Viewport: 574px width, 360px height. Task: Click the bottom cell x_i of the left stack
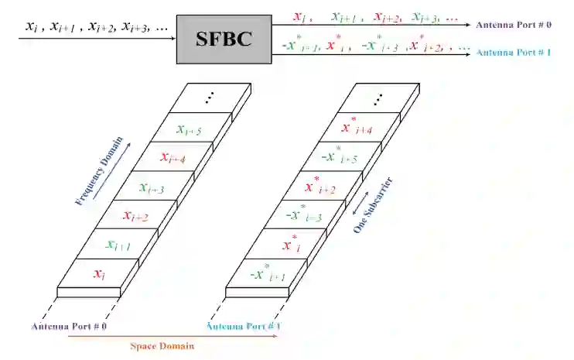pos(98,273)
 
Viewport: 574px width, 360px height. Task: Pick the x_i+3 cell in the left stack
pos(152,187)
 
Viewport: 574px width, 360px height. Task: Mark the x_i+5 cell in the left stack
pos(189,130)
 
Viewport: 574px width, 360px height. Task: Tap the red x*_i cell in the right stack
pos(291,244)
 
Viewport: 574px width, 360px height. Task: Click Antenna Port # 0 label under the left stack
pos(68,327)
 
